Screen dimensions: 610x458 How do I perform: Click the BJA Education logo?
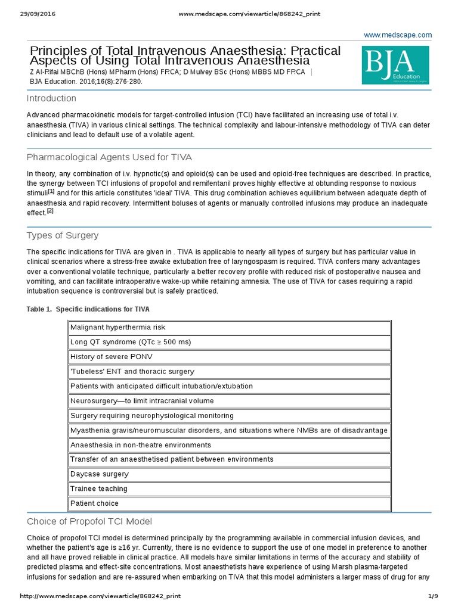pos(395,66)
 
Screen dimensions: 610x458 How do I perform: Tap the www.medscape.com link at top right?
pos(398,35)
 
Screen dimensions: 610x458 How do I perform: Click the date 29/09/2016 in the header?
pos(37,14)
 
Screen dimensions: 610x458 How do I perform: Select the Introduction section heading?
pos(51,98)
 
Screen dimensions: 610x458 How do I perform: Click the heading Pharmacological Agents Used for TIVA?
pos(109,157)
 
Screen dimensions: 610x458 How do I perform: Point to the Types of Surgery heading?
pos(63,235)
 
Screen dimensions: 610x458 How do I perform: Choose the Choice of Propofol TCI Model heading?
pos(89,521)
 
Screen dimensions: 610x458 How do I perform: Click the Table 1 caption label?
pos(88,309)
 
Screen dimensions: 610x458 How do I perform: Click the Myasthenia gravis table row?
pos(229,430)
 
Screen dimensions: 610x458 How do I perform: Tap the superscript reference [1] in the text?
pos(51,191)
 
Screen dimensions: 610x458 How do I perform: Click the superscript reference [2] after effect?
pos(50,210)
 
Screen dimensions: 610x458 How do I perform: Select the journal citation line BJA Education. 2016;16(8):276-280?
pos(86,82)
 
